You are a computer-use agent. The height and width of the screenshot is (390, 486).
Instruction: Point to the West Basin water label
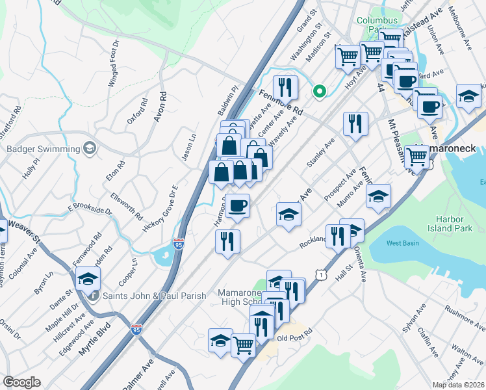coord(402,243)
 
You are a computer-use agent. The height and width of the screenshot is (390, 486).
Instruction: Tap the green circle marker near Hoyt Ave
coord(319,92)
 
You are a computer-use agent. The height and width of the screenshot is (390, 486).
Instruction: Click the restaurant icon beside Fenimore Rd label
coord(285,88)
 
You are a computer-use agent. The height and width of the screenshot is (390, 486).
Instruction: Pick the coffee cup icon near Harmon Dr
coord(238,206)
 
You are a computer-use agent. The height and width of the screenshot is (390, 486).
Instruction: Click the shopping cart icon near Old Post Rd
coord(244,344)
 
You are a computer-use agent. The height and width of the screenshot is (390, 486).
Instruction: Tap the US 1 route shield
coord(320,276)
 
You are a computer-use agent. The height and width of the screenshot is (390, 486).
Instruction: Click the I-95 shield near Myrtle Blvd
coord(136,330)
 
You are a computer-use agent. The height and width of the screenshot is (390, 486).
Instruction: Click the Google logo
coord(21,382)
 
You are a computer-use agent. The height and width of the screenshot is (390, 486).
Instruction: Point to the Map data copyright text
coord(458,385)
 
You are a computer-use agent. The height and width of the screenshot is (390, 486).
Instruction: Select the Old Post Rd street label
coord(294,338)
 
